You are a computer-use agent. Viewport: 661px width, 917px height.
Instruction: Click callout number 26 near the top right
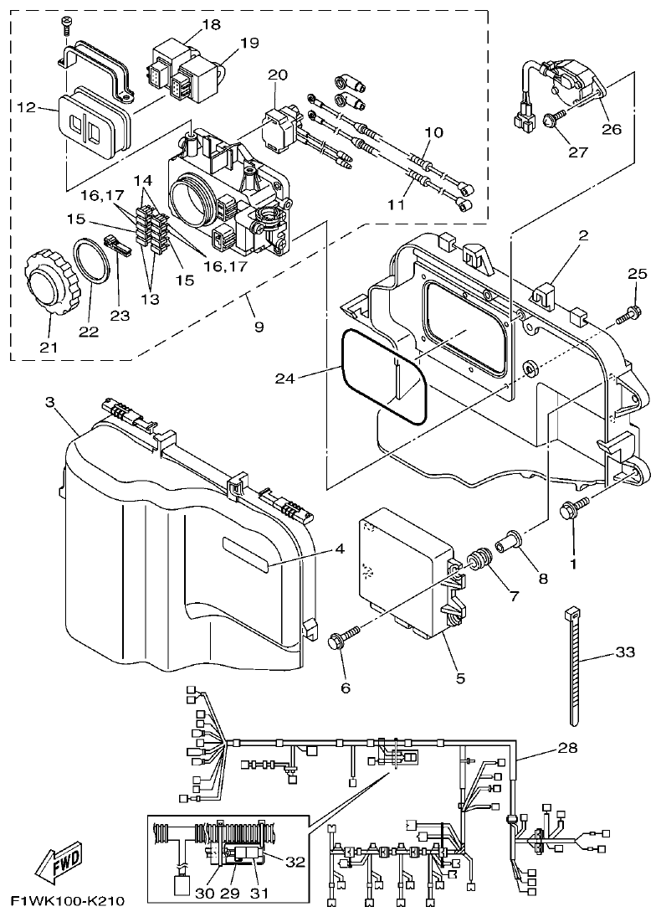click(x=612, y=129)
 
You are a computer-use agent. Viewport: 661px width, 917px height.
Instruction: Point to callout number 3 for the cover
click(x=49, y=403)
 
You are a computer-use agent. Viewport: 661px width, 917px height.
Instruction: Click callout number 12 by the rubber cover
click(x=25, y=107)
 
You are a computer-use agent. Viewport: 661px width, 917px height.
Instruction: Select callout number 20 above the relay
click(x=277, y=75)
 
